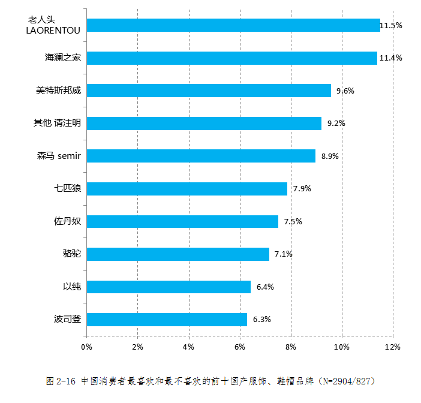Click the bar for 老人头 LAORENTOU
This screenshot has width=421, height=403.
233,25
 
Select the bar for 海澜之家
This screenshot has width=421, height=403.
231,58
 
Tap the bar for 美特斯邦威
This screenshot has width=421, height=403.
209,91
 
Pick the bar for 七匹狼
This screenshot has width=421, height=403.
187,189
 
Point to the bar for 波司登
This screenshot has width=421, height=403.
167,320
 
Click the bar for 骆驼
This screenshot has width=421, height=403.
178,254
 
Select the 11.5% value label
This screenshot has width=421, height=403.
390,25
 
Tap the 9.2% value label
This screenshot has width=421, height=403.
336,124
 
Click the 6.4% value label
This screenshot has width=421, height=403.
265,287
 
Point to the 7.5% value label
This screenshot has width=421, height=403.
293,222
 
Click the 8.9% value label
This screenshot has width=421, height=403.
330,156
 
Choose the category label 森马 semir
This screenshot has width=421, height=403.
59,156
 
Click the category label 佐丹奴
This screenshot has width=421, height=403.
67,221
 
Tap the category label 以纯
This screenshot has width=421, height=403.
71,287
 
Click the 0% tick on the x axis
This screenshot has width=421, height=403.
86,347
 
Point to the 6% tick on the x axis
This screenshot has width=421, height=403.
239,347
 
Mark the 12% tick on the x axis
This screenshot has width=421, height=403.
392,347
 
